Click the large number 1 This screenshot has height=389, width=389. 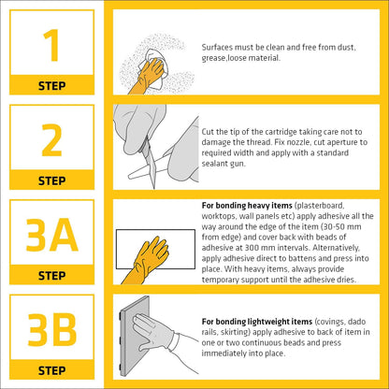click(x=52, y=45)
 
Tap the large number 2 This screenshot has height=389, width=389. click(x=51, y=140)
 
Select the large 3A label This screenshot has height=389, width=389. click(x=51, y=236)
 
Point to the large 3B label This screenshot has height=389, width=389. click(x=52, y=330)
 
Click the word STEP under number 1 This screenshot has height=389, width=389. click(x=51, y=86)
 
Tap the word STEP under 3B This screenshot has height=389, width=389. click(x=51, y=370)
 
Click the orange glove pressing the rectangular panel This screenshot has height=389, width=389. click(x=147, y=260)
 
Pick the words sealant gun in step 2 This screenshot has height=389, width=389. click(x=223, y=164)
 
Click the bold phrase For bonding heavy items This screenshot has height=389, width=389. click(x=247, y=206)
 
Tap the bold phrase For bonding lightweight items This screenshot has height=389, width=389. click(x=257, y=322)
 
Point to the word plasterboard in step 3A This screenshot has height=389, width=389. click(x=320, y=206)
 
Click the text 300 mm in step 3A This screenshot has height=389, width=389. click(x=261, y=248)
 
